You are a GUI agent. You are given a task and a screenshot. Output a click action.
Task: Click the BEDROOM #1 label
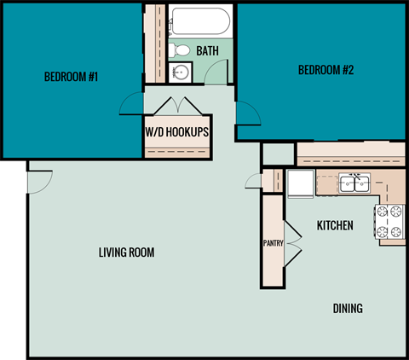(x=72, y=78)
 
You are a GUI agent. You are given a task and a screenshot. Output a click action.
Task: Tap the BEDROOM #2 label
(x=325, y=70)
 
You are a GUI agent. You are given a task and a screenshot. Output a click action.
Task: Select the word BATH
(x=207, y=51)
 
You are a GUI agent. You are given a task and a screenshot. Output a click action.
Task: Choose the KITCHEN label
(x=336, y=226)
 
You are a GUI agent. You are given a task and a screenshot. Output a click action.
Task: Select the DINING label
(x=348, y=308)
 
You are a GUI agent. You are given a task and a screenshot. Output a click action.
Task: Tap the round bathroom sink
(x=180, y=73)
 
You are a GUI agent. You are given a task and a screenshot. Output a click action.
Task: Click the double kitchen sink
(x=354, y=183)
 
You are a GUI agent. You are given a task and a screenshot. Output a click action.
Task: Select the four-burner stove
(x=389, y=222)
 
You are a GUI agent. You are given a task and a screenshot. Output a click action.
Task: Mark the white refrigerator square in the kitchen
(x=301, y=183)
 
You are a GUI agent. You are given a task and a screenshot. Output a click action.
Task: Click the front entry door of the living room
(x=39, y=181)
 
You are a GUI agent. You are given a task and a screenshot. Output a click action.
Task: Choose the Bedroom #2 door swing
(x=246, y=111)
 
